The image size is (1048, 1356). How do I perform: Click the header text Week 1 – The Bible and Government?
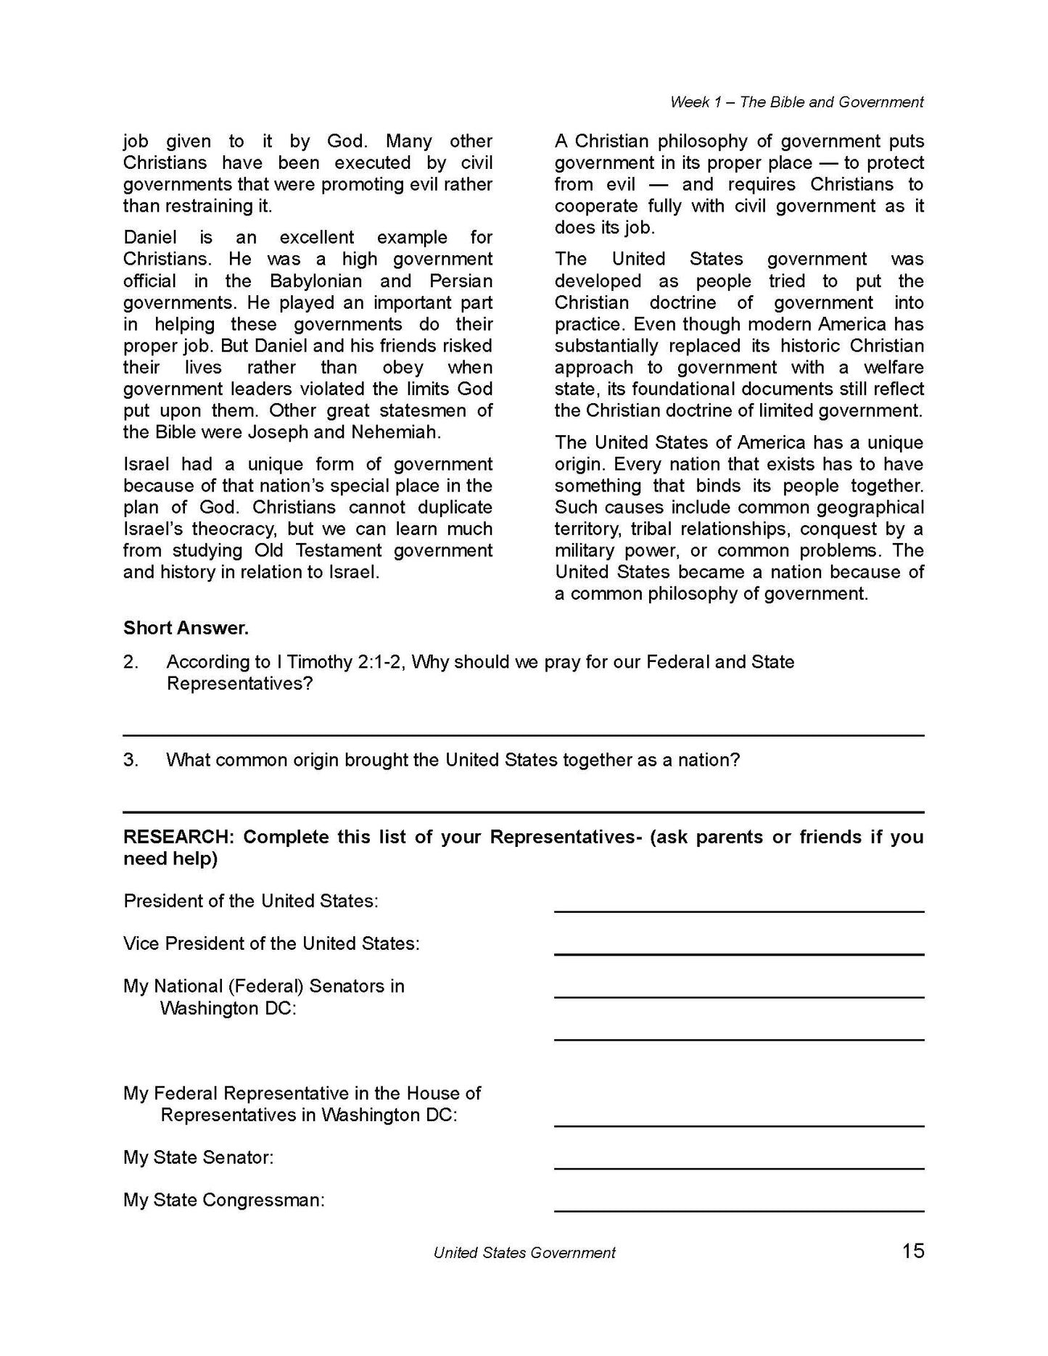click(796, 102)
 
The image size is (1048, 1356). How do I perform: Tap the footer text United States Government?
click(524, 1252)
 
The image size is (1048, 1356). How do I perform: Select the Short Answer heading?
click(186, 628)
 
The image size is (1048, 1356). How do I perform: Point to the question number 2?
click(130, 662)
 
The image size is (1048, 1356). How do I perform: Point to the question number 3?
click(130, 760)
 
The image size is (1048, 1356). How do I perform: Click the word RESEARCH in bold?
click(177, 837)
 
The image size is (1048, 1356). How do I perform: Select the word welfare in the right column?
click(894, 368)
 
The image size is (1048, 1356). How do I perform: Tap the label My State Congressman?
click(223, 1200)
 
